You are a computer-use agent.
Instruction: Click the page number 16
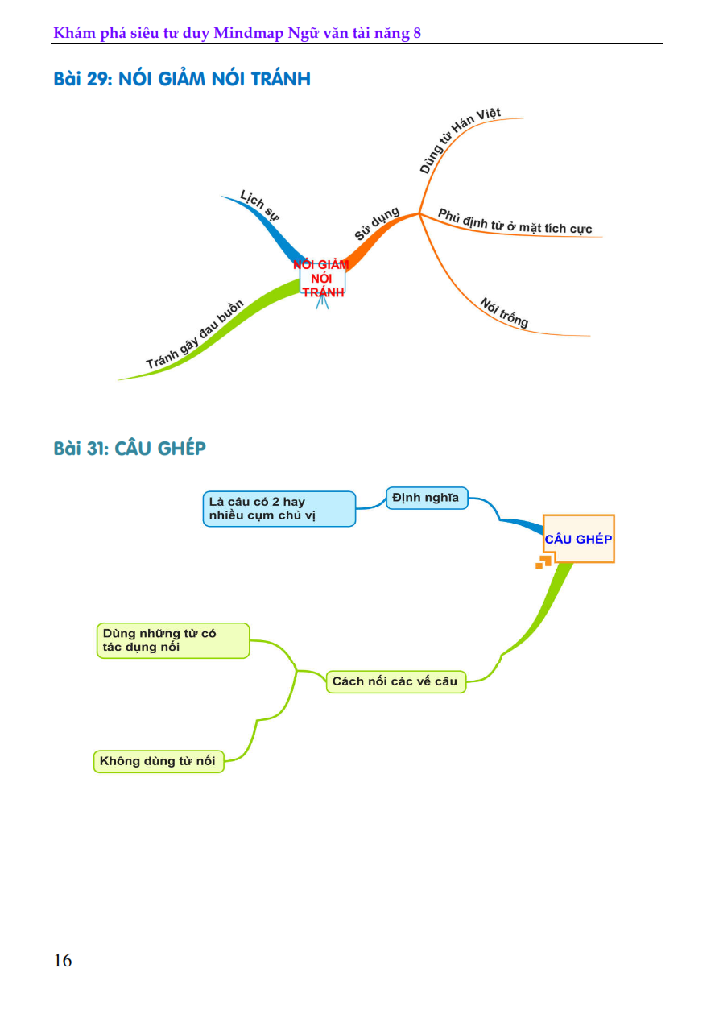[x=63, y=961]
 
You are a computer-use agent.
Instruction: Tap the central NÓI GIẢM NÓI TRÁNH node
[x=322, y=278]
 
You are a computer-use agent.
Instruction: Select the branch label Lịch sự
[x=259, y=205]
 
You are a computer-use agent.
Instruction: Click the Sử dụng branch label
[x=378, y=224]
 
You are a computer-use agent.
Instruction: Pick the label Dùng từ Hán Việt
[x=460, y=141]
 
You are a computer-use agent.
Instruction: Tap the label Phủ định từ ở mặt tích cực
[x=515, y=222]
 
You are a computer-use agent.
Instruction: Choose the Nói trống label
[x=505, y=312]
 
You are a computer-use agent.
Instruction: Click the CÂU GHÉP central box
[x=578, y=539]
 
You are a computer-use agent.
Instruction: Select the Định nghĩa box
[x=426, y=498]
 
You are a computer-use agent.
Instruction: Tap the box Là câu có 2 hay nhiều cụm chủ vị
[x=279, y=509]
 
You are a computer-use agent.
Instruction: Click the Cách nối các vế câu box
[x=395, y=681]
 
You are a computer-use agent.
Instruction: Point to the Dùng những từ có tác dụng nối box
[x=172, y=640]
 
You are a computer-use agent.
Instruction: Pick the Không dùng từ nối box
[x=159, y=761]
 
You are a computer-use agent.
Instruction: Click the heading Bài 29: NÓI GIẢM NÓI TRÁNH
[x=182, y=80]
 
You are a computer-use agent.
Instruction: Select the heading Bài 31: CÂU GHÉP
[x=130, y=449]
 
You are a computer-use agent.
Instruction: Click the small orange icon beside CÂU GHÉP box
[x=543, y=561]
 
